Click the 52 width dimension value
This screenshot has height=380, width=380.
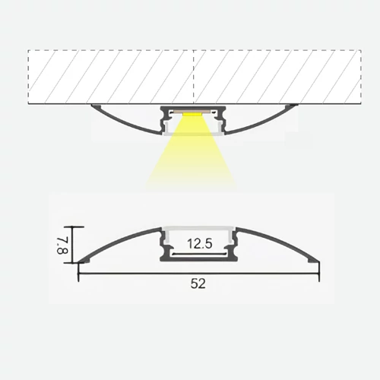198,283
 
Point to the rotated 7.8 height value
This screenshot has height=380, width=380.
63,244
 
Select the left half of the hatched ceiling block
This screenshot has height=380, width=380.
112,76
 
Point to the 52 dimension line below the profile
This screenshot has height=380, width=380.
137,273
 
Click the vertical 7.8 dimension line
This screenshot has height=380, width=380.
74,245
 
